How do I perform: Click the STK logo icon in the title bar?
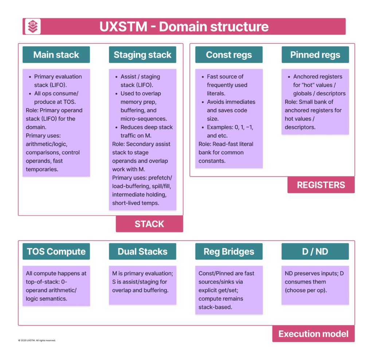(32, 27)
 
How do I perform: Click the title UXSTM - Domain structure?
(184, 27)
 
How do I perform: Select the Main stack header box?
(56, 55)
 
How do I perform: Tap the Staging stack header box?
(142, 55)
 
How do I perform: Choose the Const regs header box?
(229, 55)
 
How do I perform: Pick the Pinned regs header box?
(315, 55)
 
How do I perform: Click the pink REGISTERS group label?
(321, 185)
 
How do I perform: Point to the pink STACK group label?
(149, 224)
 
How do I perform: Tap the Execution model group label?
(313, 334)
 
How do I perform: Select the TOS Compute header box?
(56, 252)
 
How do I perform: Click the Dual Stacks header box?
(142, 252)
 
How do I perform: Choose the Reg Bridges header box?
(229, 252)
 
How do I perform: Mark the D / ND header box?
(315, 252)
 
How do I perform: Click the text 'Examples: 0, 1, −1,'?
(230, 127)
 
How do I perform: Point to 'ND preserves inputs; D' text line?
(314, 274)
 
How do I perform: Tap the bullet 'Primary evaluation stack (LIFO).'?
(58, 81)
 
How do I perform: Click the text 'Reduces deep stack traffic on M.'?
(146, 131)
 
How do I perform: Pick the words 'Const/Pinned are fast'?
(226, 274)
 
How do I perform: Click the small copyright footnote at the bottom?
(37, 340)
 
